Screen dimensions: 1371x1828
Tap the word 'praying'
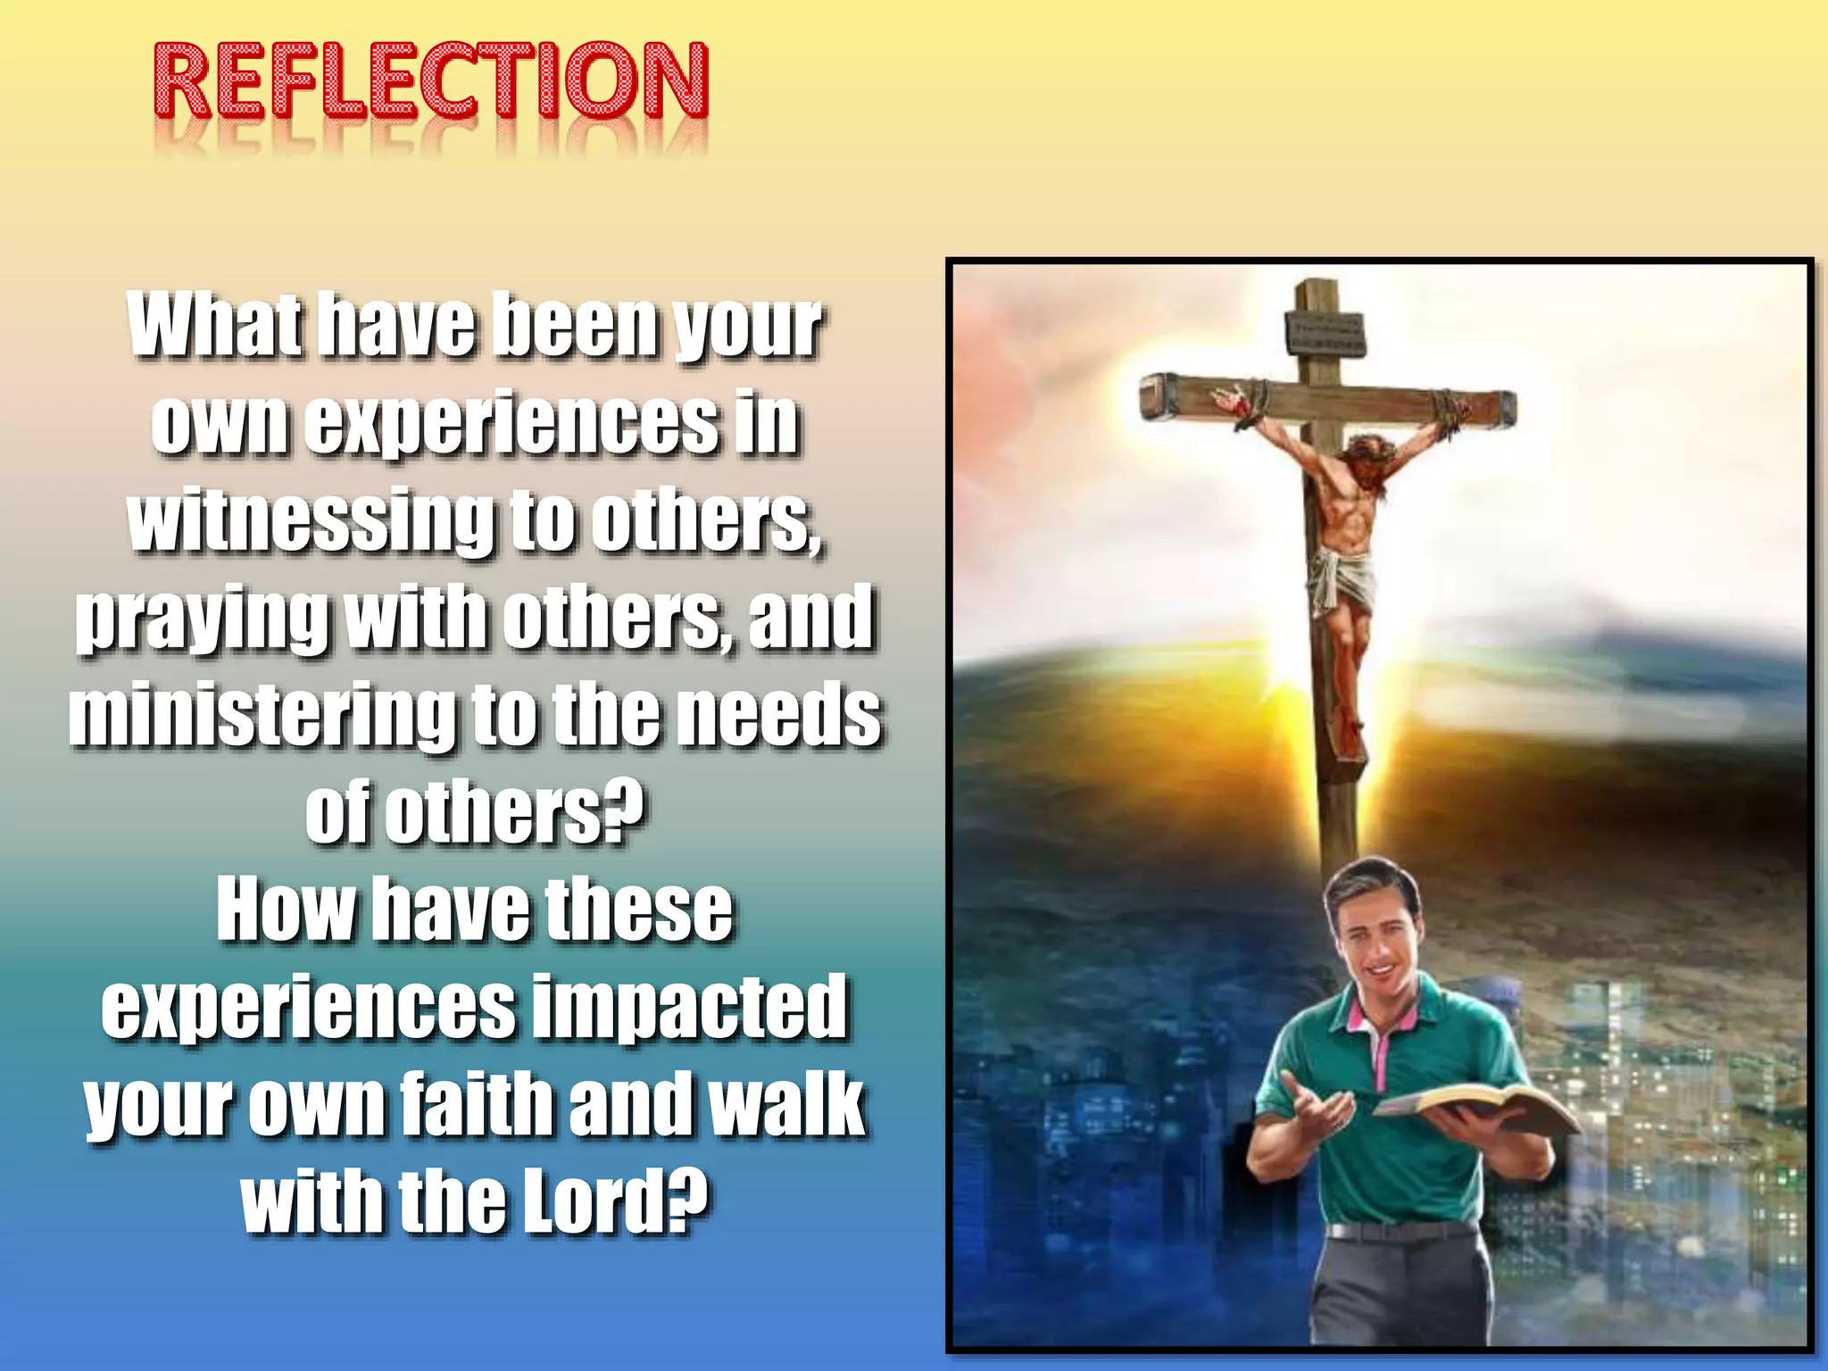click(x=202, y=618)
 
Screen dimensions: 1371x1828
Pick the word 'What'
click(x=214, y=325)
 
